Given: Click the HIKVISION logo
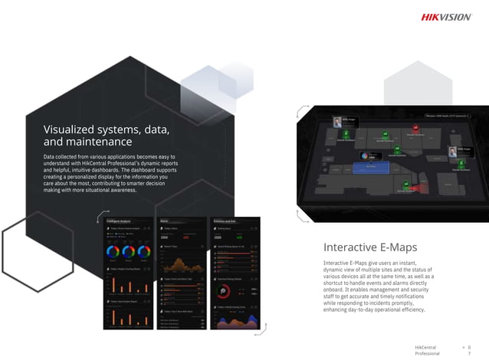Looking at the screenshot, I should (446, 18).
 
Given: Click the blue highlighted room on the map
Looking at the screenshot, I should (371, 165).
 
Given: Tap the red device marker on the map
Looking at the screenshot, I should (415, 127).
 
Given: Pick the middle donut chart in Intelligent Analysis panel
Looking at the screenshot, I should (128, 251).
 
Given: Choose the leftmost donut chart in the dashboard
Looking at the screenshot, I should (113, 251).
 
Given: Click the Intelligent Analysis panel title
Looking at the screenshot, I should (119, 221).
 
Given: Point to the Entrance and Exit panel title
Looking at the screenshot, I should (225, 221).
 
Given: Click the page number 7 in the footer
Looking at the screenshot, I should (469, 354).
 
